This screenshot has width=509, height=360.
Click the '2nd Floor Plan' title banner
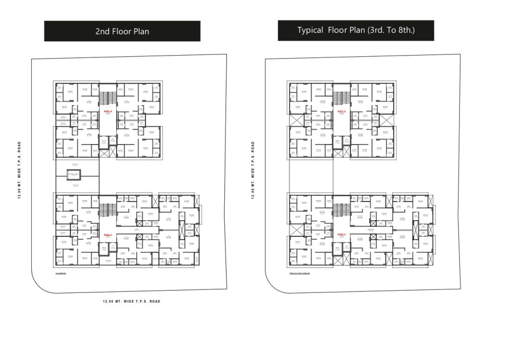(x=122, y=31)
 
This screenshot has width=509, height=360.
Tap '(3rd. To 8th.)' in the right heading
(x=391, y=30)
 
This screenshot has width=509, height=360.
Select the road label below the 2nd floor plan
(x=131, y=301)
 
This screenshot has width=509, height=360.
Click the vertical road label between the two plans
(x=253, y=170)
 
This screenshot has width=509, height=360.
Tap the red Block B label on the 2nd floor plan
(x=107, y=110)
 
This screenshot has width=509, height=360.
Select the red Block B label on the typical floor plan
(x=341, y=110)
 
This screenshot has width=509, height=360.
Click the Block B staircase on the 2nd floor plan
(x=107, y=96)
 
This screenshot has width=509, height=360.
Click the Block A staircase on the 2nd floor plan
(x=107, y=209)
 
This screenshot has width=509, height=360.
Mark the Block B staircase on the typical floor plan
(x=341, y=96)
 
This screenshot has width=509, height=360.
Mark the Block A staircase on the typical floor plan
(x=341, y=209)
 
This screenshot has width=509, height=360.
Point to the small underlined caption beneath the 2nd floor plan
(x=61, y=273)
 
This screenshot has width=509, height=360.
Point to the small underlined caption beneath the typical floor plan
(x=299, y=273)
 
